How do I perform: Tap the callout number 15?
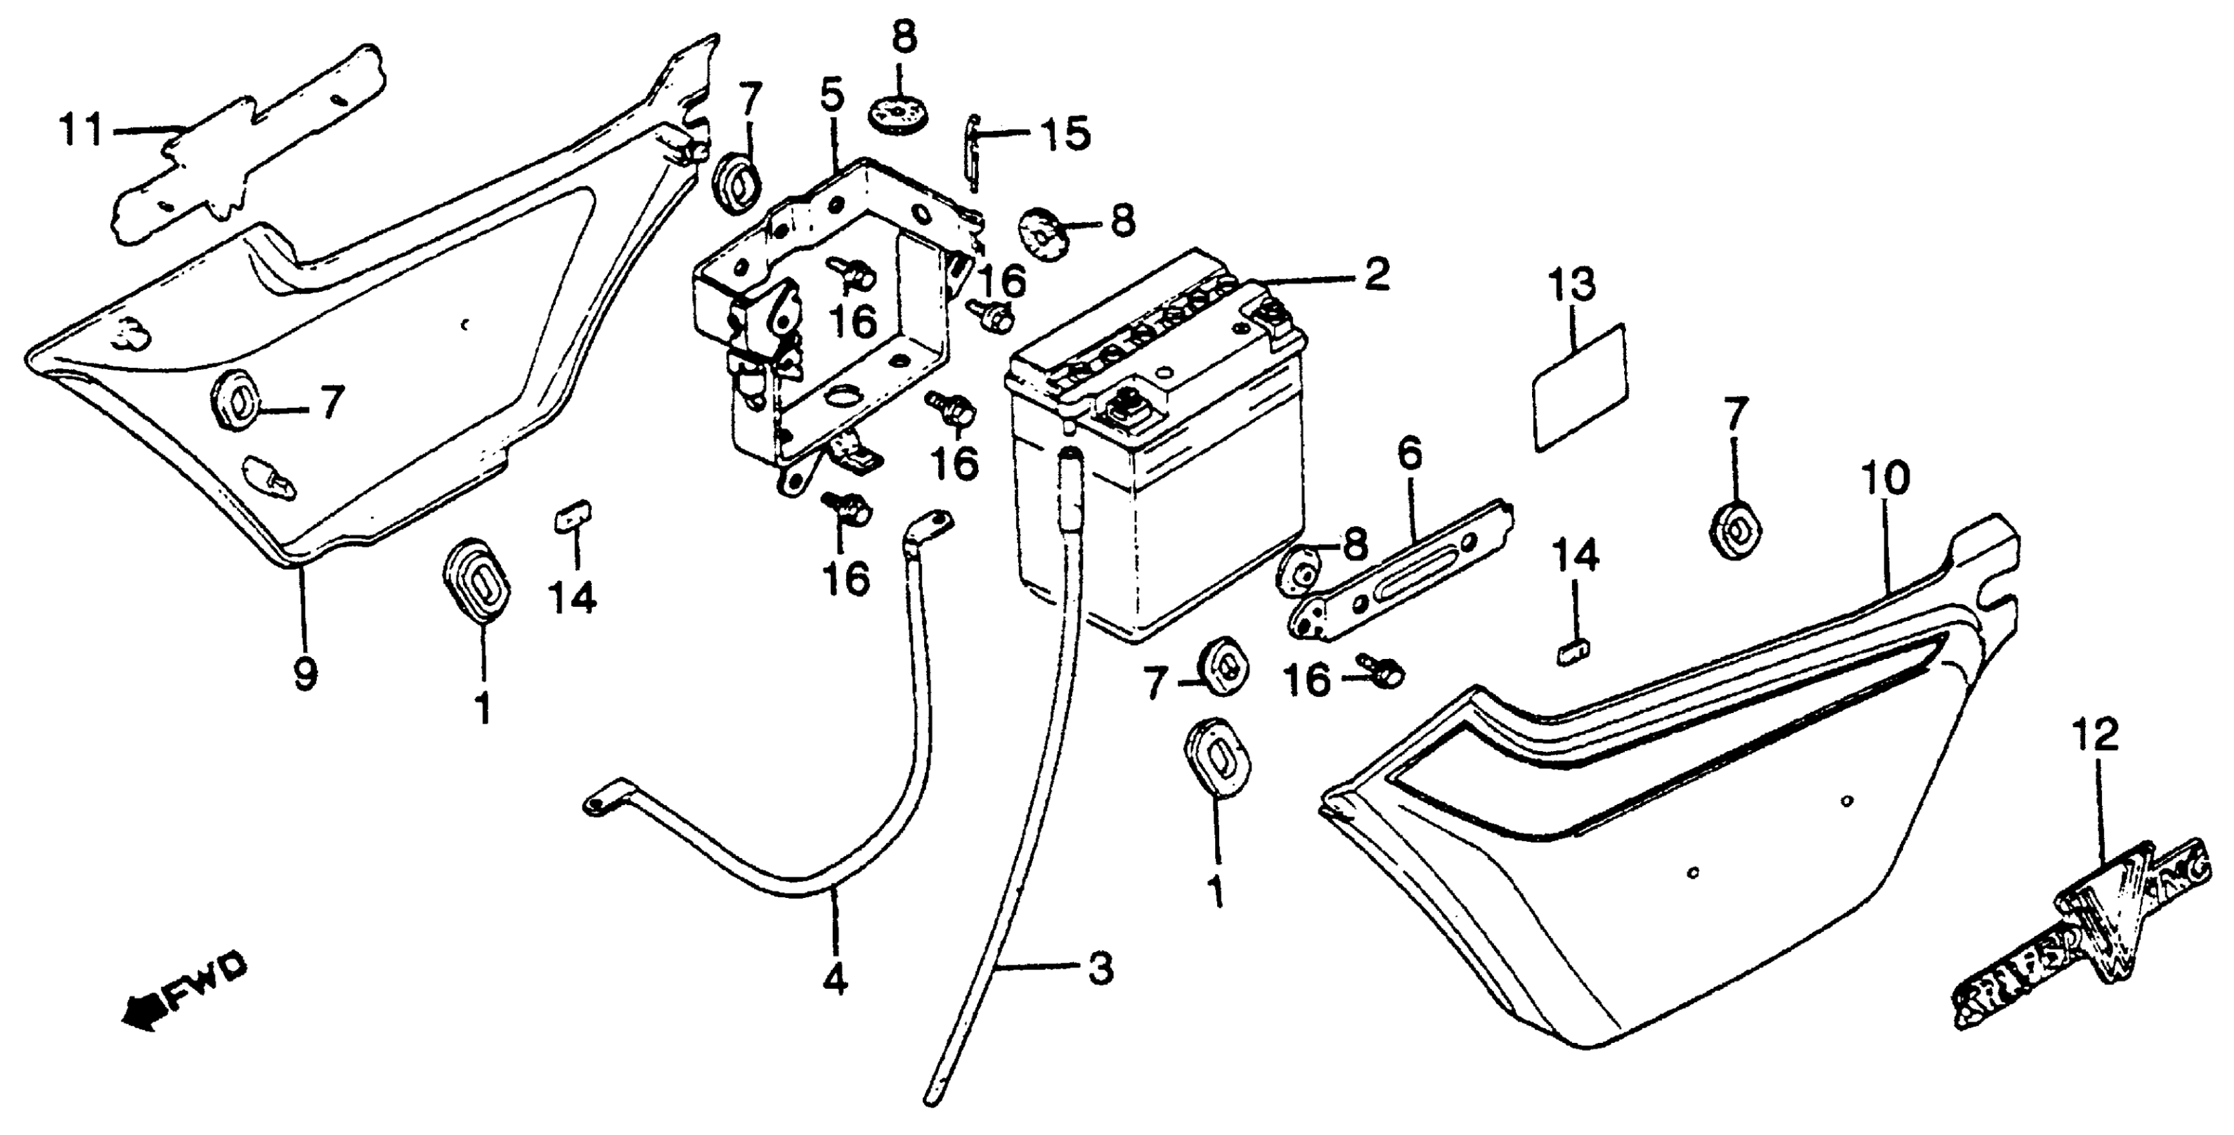pyautogui.click(x=1065, y=134)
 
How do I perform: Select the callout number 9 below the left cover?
pyautogui.click(x=304, y=672)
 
